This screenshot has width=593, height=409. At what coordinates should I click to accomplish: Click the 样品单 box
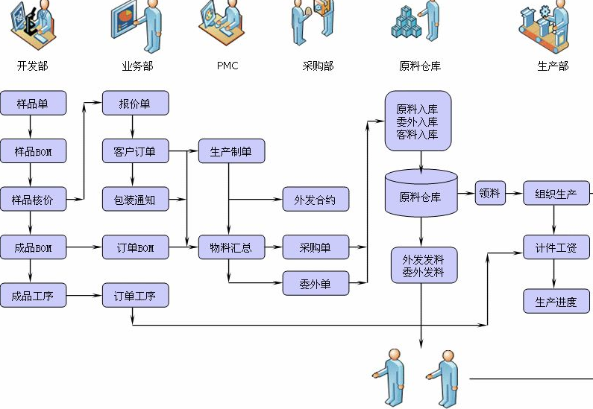[x=33, y=104]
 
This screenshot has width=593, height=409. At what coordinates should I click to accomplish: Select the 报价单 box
[x=135, y=104]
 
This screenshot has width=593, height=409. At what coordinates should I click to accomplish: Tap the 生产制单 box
[x=231, y=151]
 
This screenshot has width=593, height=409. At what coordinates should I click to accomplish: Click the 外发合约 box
[x=316, y=200]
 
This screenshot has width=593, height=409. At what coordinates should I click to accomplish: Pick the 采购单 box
[x=316, y=247]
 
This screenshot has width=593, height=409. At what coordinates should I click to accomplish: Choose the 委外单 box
[x=316, y=283]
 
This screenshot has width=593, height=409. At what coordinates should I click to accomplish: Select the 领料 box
[x=490, y=193]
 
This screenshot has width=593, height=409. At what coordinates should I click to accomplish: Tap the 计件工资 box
[x=556, y=247]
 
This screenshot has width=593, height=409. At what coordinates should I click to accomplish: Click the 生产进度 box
[x=556, y=301]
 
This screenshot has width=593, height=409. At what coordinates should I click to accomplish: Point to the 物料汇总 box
[x=231, y=247]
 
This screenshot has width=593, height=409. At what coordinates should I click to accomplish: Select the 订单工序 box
[x=135, y=295]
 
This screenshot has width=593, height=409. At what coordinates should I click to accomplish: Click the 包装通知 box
[x=135, y=200]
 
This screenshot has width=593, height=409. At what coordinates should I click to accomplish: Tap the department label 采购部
[x=318, y=66]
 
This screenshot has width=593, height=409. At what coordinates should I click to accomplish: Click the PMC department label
[x=228, y=66]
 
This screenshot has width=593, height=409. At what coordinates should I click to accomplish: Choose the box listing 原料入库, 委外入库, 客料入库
[x=418, y=121]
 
